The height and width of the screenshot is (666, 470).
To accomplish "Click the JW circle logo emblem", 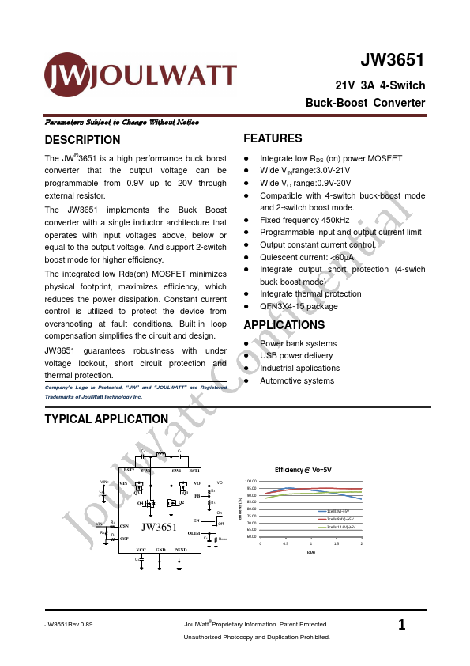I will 67,75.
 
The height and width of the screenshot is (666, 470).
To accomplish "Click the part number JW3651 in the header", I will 393,61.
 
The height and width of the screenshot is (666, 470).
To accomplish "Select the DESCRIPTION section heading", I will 82,140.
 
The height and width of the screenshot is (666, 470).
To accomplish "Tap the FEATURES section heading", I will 273,138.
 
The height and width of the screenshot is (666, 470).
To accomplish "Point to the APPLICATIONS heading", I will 284,325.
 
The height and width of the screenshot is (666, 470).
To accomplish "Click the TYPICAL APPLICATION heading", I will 106,419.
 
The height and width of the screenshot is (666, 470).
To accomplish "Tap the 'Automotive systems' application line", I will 297,380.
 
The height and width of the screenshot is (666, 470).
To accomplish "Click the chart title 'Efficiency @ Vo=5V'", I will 308,469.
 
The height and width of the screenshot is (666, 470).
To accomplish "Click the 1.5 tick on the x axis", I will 337,543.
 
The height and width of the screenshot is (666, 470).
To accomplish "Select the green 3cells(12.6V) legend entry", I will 340,526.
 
